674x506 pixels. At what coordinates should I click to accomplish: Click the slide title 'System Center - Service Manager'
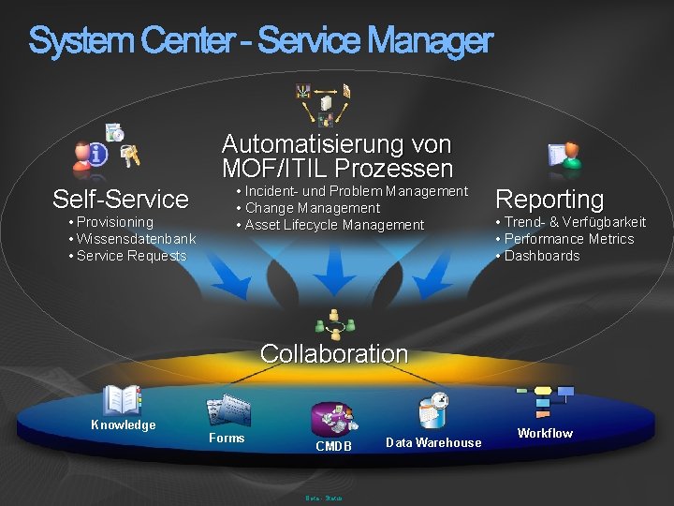click(x=260, y=41)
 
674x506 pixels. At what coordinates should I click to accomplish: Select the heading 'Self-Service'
click(x=121, y=199)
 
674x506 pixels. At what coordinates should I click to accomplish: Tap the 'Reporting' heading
click(x=549, y=199)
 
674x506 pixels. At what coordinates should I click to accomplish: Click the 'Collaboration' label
click(x=334, y=353)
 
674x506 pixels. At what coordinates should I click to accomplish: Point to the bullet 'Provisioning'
click(x=114, y=222)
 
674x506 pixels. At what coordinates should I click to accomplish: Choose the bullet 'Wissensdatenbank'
click(x=136, y=239)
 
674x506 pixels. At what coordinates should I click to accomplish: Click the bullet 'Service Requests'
click(x=131, y=256)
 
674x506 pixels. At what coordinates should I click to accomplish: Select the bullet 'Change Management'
click(x=312, y=208)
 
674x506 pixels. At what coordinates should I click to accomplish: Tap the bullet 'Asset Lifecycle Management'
click(x=334, y=225)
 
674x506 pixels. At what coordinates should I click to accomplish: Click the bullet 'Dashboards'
click(x=542, y=256)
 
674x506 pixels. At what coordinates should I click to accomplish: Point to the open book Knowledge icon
click(x=122, y=400)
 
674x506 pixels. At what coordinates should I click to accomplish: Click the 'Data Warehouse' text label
click(x=433, y=443)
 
